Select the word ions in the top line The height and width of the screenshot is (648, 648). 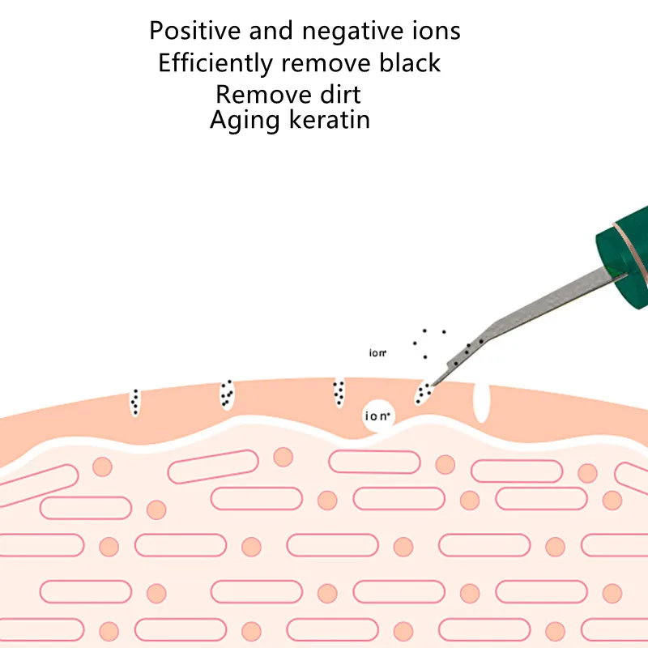(x=436, y=31)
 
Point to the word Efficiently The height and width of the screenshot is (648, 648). (x=216, y=63)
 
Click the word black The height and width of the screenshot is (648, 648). (x=409, y=62)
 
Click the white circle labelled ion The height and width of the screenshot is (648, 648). (x=378, y=416)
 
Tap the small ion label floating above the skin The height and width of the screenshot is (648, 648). (x=377, y=353)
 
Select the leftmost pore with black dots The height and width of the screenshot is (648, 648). (x=135, y=402)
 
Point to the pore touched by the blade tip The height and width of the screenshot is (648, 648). (x=424, y=393)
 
